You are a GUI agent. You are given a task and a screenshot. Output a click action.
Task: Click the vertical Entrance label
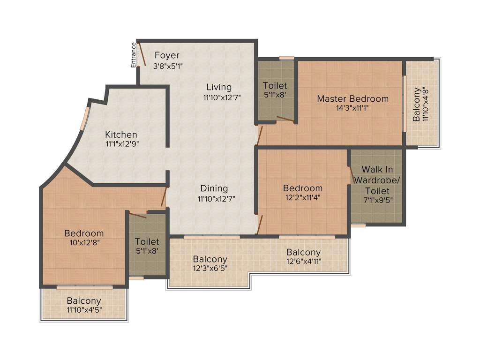coord(134,55)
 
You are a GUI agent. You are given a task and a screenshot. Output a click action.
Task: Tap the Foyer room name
coord(167,55)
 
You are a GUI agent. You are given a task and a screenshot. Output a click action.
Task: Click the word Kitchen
coord(121,135)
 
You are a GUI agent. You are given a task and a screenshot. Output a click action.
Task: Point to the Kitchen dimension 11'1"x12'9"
coord(122,144)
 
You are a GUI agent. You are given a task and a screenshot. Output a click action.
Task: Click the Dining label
coord(214,188)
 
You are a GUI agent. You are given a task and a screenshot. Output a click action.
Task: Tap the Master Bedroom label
coord(352,98)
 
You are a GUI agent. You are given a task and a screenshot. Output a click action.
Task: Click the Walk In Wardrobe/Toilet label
coord(377,180)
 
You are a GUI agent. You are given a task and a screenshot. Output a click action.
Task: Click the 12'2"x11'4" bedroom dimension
coord(303,198)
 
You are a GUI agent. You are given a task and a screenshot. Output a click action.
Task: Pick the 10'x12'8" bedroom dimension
coord(84,243)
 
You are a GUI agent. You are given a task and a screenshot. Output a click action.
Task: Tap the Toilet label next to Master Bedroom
coord(275,86)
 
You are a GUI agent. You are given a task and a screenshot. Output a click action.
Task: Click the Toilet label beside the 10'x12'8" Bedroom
coord(147,242)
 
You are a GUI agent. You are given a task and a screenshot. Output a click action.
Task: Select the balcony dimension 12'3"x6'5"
coord(210,269)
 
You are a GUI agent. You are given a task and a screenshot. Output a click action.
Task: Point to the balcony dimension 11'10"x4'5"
coord(84,310)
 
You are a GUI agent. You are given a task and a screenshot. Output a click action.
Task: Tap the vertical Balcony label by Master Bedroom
coord(417,104)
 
